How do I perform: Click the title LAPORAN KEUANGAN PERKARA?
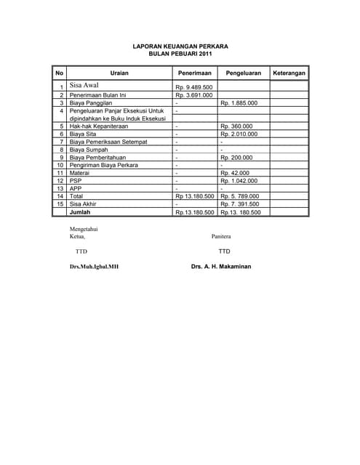[x=180, y=46]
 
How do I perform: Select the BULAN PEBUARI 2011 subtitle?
[x=180, y=54]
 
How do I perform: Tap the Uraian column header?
[x=119, y=73]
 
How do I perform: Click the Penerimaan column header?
[x=194, y=73]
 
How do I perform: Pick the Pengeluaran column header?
[x=244, y=73]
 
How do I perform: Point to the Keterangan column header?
[x=289, y=73]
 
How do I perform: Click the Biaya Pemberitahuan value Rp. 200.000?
[x=236, y=158]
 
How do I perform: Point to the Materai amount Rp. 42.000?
[x=235, y=173]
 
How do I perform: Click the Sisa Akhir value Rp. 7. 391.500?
[x=239, y=204]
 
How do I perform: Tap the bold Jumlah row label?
[x=80, y=212]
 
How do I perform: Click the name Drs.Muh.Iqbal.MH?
[x=94, y=267]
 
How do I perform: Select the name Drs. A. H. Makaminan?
[x=221, y=267]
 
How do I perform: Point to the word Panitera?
[x=222, y=236]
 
